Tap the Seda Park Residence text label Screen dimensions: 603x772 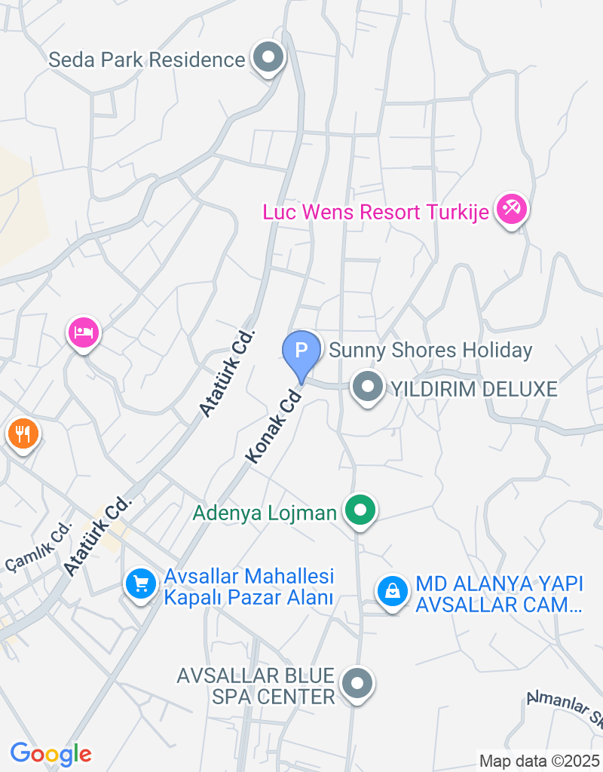(147, 60)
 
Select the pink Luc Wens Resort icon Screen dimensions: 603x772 (512, 209)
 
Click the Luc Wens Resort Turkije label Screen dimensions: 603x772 (375, 212)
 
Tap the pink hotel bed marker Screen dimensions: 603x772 (83, 332)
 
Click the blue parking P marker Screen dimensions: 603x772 (301, 351)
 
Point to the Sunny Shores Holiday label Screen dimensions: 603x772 (430, 351)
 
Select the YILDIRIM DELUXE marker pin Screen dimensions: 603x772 (368, 388)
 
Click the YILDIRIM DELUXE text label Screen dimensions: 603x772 (473, 389)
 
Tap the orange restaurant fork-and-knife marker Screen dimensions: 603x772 (23, 433)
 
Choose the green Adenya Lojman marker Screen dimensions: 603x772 (360, 510)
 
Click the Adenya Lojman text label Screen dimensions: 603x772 (265, 513)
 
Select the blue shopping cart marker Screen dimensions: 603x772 (140, 583)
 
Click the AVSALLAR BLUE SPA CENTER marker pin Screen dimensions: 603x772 (357, 684)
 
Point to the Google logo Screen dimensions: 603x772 (51, 753)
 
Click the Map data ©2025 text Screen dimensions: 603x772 (540, 761)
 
